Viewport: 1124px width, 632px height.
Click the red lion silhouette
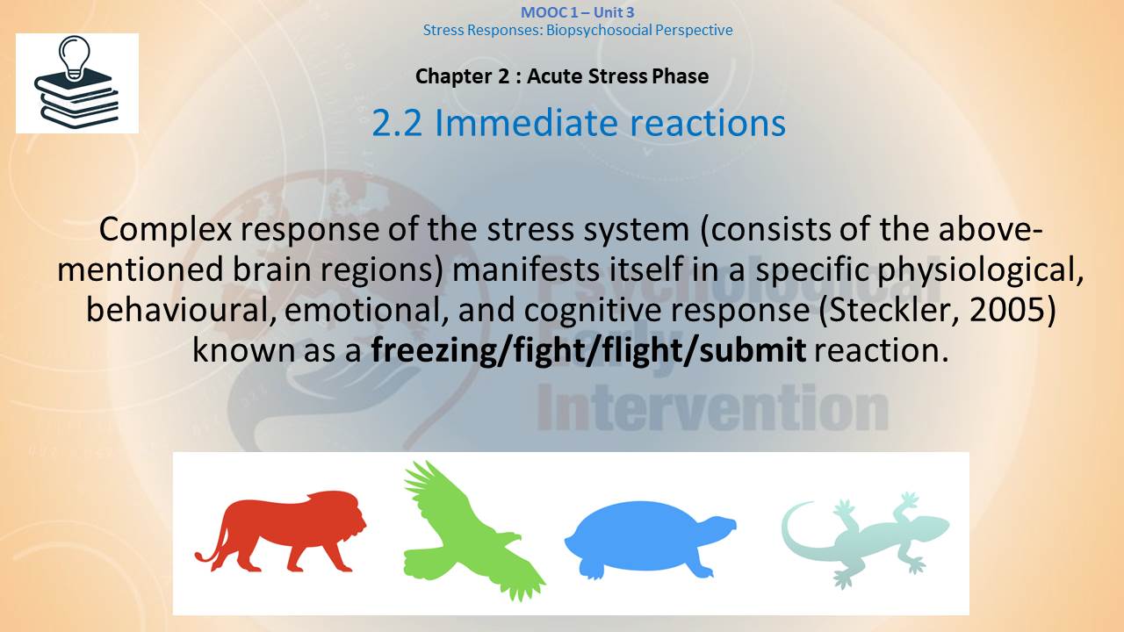(281, 532)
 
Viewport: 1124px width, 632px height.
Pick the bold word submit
(753, 349)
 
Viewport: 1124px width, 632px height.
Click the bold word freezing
(432, 350)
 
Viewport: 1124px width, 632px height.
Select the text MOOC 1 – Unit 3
(578, 12)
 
